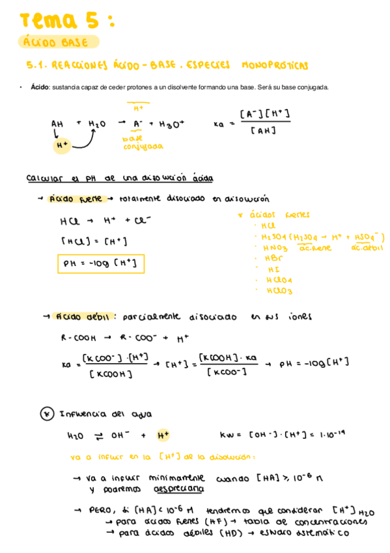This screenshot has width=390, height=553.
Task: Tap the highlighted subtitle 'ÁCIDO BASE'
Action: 59,42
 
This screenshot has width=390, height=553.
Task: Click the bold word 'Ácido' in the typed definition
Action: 40,87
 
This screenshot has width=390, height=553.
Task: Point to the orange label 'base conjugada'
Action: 143,143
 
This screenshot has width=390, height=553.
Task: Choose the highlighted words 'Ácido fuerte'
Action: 76,199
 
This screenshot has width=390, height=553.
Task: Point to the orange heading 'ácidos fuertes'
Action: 279,215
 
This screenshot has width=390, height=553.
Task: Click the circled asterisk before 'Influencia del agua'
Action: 47,413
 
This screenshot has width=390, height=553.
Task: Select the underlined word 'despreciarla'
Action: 177,489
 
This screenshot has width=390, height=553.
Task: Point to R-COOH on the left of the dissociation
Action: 78,338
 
